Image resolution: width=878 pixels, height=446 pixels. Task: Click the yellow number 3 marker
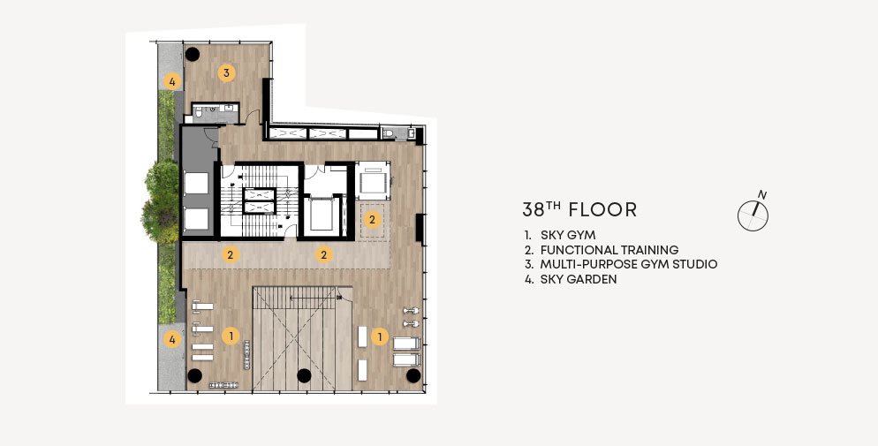226,72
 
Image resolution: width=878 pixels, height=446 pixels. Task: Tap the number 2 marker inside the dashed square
373,219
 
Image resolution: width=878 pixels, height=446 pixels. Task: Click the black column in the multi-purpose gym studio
193,54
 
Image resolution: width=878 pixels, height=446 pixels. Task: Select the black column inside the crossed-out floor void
304,375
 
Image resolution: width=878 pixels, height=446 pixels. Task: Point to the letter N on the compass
762,195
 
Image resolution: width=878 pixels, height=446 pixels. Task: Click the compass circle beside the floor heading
753,216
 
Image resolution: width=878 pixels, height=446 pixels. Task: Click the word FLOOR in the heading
602,210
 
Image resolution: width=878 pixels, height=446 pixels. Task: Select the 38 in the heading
534,210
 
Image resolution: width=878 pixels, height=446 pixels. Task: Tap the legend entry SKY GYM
568,235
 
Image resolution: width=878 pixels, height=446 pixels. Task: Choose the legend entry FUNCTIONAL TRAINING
609,250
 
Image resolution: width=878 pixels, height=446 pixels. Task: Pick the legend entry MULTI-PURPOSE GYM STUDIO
628,264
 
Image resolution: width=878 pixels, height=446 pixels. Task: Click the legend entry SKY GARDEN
579,279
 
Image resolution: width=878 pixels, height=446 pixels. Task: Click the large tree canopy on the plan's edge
161,202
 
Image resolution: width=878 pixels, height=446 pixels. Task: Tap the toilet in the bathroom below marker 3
198,115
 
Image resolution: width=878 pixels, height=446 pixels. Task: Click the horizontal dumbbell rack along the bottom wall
224,385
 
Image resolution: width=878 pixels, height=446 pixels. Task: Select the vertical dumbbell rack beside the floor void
246,355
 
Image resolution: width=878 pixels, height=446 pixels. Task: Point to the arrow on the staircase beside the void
314,299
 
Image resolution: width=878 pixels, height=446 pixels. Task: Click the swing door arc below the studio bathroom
253,117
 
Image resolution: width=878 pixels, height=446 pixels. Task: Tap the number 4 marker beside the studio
172,82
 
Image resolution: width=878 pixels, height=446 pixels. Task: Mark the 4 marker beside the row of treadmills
172,339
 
